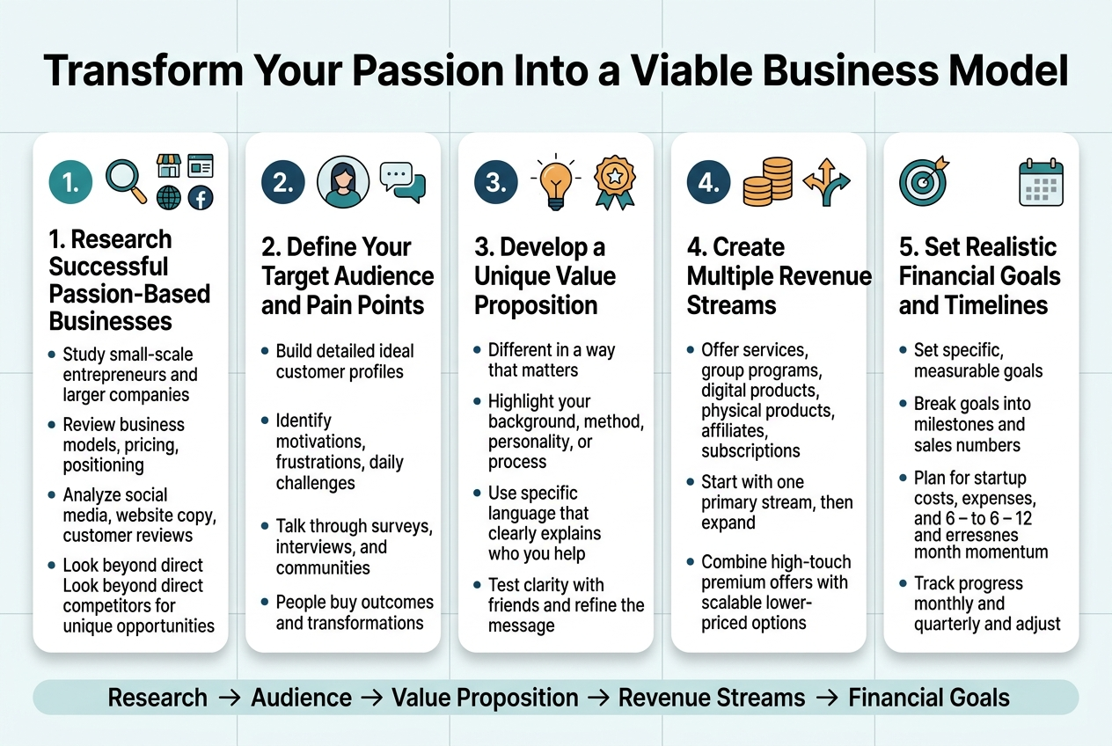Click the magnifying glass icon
(x=126, y=181)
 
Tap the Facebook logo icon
(x=201, y=199)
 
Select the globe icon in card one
(x=169, y=198)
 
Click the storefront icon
(x=169, y=165)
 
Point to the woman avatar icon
(x=343, y=181)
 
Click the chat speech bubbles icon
(x=403, y=182)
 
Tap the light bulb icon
(x=555, y=181)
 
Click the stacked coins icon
(x=767, y=181)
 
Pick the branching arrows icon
(x=827, y=182)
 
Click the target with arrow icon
(x=924, y=181)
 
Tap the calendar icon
(x=1041, y=182)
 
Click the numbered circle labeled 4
(x=708, y=182)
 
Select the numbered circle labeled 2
(x=283, y=182)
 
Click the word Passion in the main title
(x=428, y=70)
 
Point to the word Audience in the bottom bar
(x=302, y=698)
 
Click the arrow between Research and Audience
(x=230, y=698)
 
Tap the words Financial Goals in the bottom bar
(x=929, y=698)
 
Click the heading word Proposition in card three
(x=536, y=304)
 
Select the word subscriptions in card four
(x=750, y=450)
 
